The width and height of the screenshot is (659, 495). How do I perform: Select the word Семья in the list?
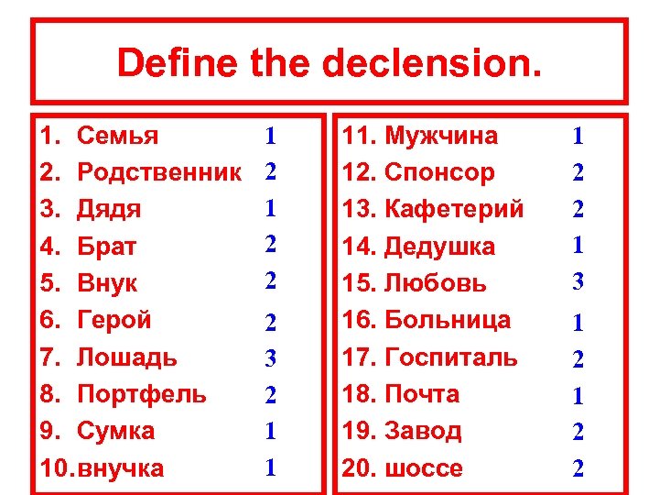pyautogui.click(x=117, y=137)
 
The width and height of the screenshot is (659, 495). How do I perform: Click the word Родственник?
pyautogui.click(x=159, y=173)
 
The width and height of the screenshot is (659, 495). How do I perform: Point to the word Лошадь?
pyautogui.click(x=127, y=357)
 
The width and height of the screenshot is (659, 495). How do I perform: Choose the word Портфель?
pyautogui.click(x=142, y=394)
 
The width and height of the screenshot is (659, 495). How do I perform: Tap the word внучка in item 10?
pyautogui.click(x=122, y=468)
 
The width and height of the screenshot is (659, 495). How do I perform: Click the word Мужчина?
pyautogui.click(x=441, y=137)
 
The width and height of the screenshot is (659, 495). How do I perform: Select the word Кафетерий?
pyautogui.click(x=454, y=210)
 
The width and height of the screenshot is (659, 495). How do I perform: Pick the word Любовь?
pyautogui.click(x=436, y=283)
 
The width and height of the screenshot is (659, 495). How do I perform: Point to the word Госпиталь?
pyautogui.click(x=451, y=357)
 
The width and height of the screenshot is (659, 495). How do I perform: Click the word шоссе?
pyautogui.click(x=424, y=468)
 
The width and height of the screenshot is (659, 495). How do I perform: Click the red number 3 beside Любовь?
pyautogui.click(x=578, y=282)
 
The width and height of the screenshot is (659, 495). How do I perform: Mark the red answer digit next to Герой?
pyautogui.click(x=270, y=322)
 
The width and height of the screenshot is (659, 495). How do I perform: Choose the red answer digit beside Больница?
pyautogui.click(x=578, y=322)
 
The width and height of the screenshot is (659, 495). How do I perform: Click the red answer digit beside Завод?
pyautogui.click(x=578, y=432)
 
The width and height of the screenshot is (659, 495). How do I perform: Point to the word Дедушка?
pyautogui.click(x=439, y=247)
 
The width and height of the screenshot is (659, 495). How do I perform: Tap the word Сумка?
pyautogui.click(x=116, y=431)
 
